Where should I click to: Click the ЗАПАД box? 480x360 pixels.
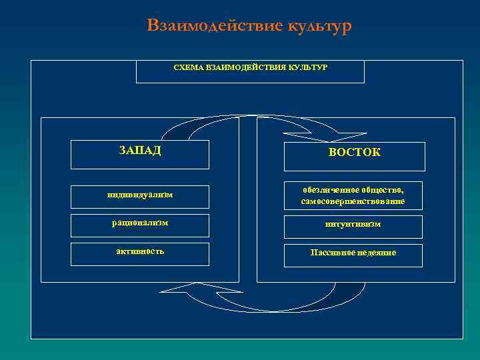[x=139, y=154]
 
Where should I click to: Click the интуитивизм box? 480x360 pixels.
[x=354, y=226]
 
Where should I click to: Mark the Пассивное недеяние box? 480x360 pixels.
[x=354, y=254]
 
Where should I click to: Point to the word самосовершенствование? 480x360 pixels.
[x=353, y=201]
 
